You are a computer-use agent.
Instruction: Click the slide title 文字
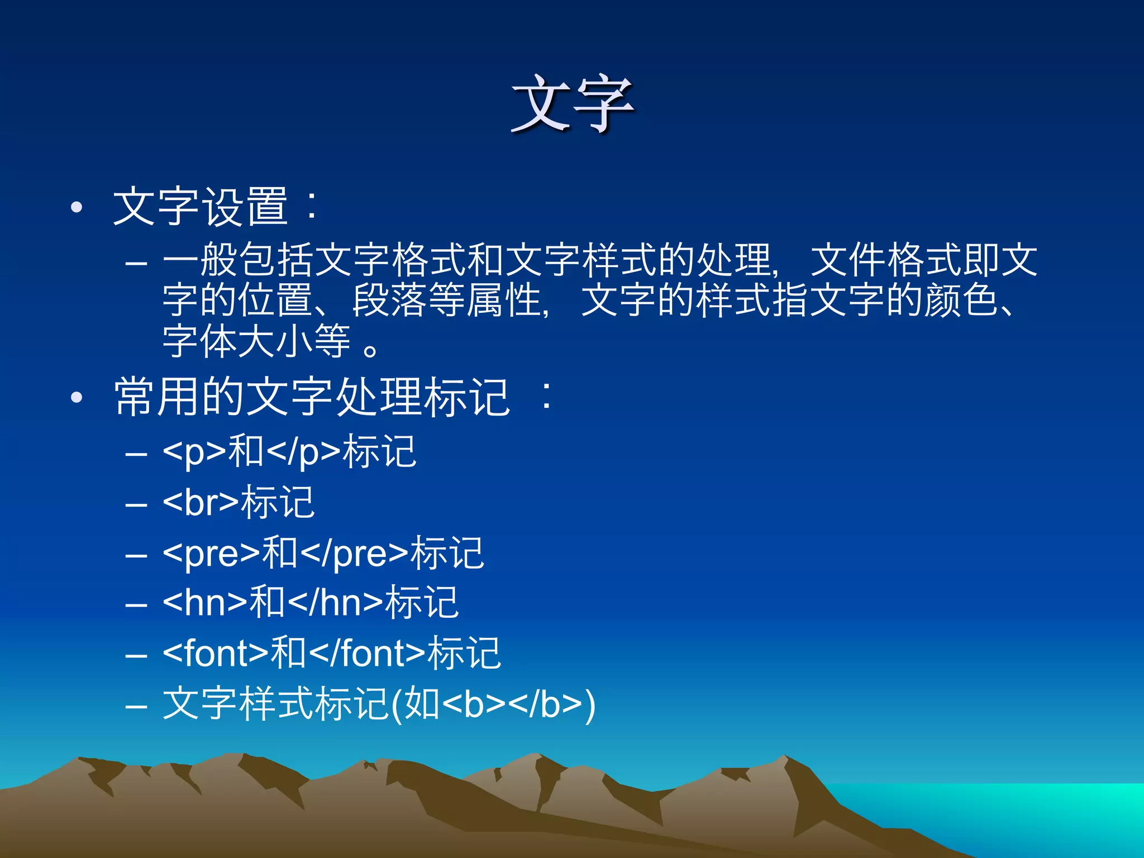pos(573,104)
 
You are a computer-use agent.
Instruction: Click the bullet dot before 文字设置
pos(77,208)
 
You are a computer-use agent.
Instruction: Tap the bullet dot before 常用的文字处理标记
pos(77,398)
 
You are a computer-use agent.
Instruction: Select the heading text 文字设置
pos(200,207)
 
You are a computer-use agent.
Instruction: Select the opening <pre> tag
pos(211,553)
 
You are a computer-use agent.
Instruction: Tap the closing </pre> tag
pos(354,553)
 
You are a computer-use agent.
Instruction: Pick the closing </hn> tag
pos(336,603)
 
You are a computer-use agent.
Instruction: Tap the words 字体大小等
pos(256,341)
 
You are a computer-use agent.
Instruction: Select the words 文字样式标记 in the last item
pos(275,703)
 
